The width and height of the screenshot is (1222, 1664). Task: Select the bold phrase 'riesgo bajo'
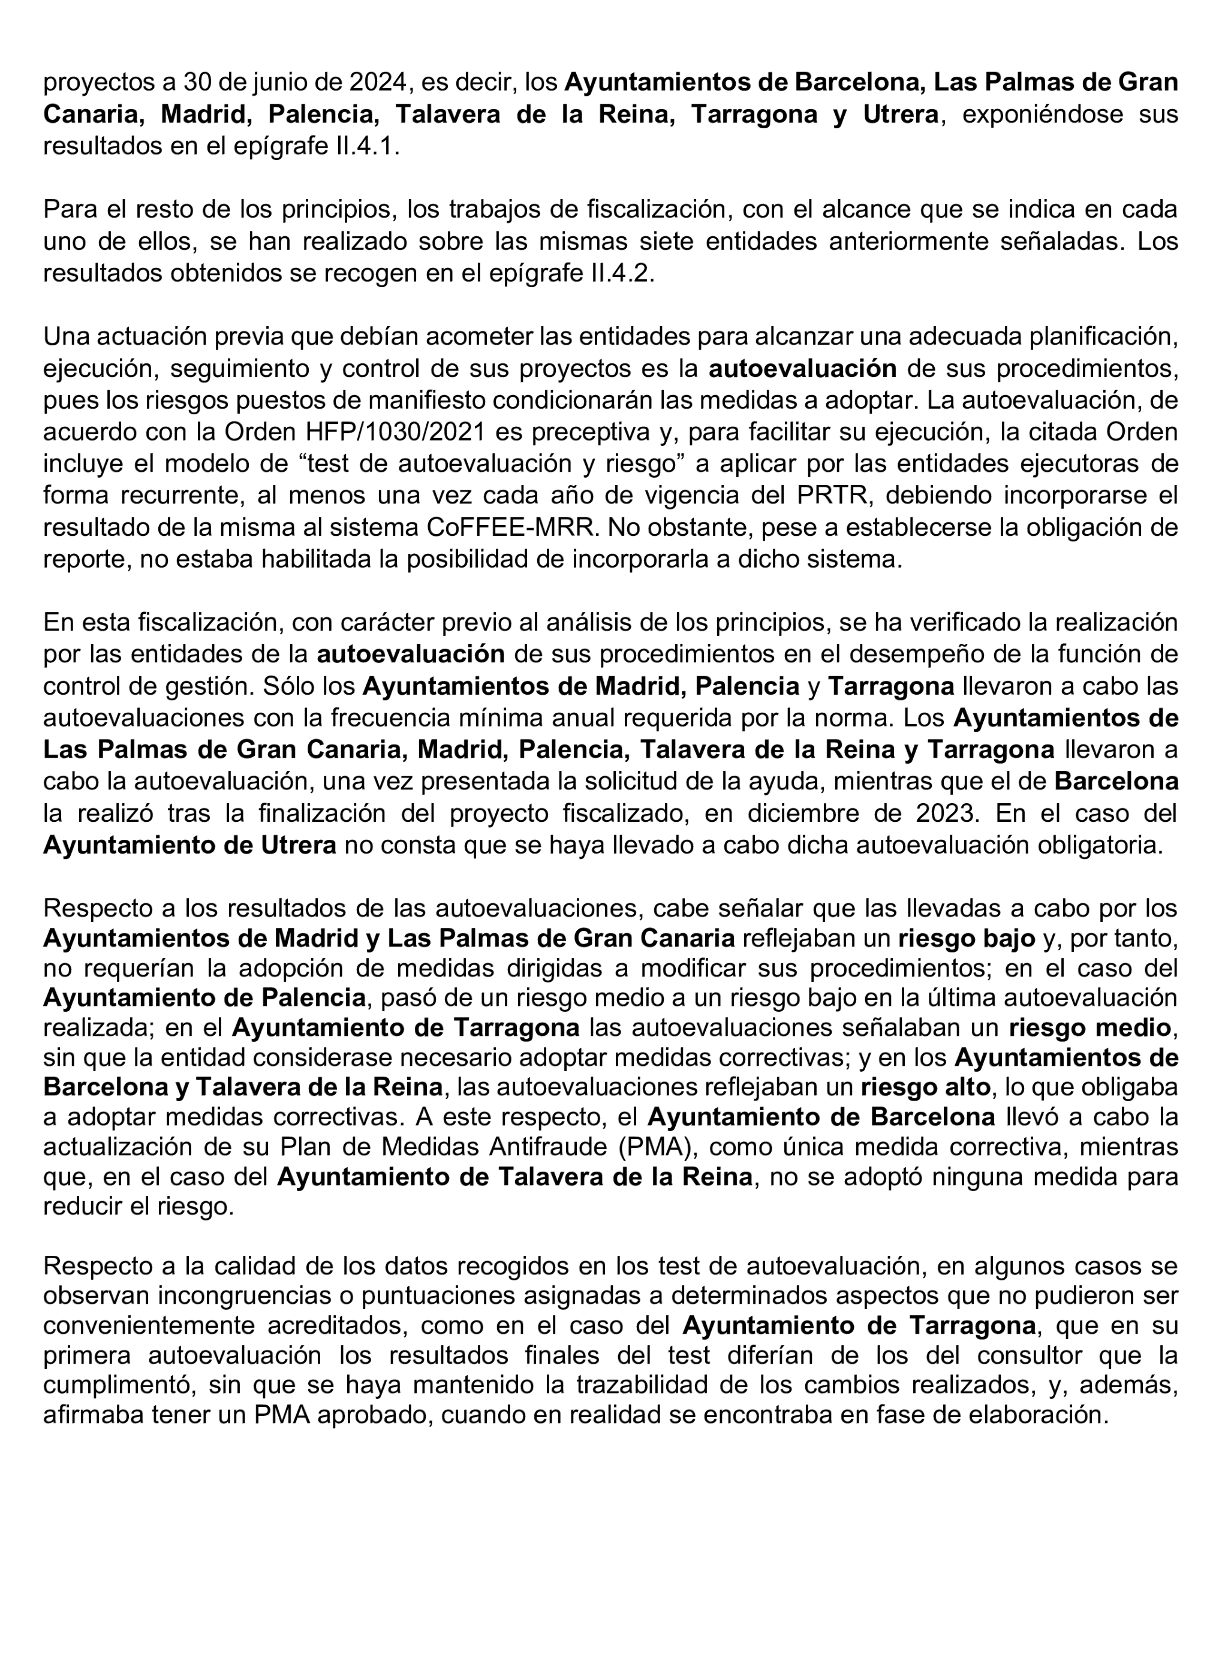966,939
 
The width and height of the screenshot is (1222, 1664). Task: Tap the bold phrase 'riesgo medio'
1089,1028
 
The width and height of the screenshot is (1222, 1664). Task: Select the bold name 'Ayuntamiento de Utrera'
189,845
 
